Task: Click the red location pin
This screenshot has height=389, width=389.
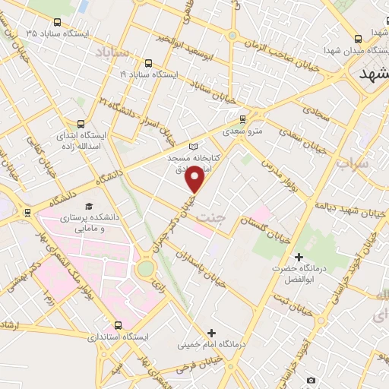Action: (x=195, y=179)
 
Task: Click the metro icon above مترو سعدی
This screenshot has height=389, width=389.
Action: (x=242, y=119)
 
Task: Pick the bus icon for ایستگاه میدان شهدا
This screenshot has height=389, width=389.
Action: (x=357, y=39)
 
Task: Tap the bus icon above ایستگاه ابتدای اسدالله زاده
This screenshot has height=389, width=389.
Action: (x=81, y=122)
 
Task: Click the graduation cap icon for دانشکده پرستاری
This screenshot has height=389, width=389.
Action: (x=89, y=207)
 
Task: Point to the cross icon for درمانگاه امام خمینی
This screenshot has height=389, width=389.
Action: (x=210, y=332)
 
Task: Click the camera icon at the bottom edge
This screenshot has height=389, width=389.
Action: (x=310, y=379)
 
